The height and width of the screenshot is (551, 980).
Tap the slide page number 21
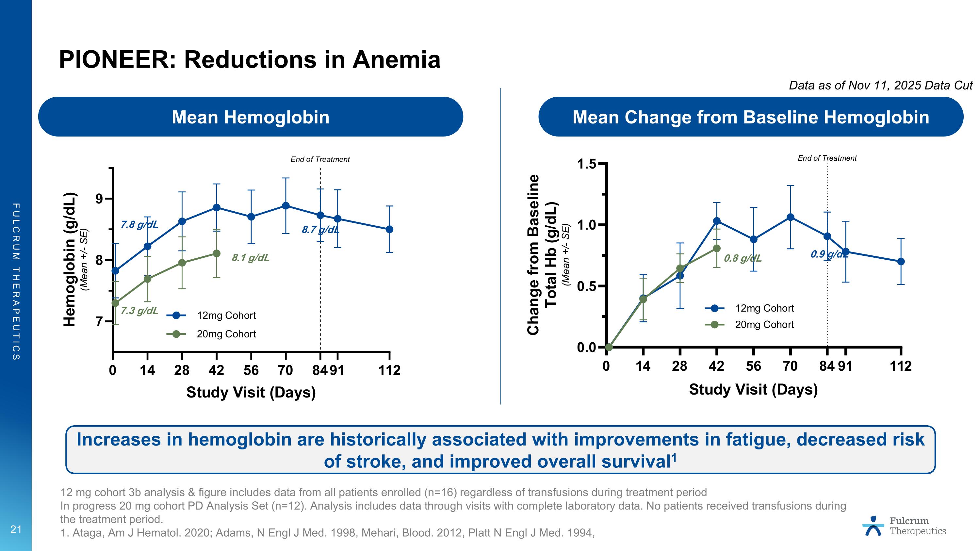(x=16, y=529)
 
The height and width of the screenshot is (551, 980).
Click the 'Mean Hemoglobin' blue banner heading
(x=250, y=117)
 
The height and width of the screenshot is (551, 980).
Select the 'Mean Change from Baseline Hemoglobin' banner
(x=751, y=117)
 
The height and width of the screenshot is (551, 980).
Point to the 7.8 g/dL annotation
(x=139, y=225)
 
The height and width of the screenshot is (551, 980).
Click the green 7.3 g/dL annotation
(x=139, y=311)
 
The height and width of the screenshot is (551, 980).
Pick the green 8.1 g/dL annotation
(x=250, y=258)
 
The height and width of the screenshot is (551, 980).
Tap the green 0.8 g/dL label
(x=742, y=259)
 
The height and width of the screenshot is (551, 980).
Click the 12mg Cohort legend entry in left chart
(x=226, y=315)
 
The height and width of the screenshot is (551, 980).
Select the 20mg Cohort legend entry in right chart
(x=764, y=324)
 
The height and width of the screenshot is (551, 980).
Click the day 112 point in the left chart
(x=389, y=229)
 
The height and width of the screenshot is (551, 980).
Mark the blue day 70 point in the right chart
(x=790, y=217)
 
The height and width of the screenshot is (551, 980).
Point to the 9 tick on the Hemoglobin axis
(x=100, y=199)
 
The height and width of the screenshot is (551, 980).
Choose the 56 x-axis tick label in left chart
(x=251, y=370)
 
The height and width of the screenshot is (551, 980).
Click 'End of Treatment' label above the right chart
(x=827, y=158)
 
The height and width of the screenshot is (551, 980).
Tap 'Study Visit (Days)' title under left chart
(x=251, y=392)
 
